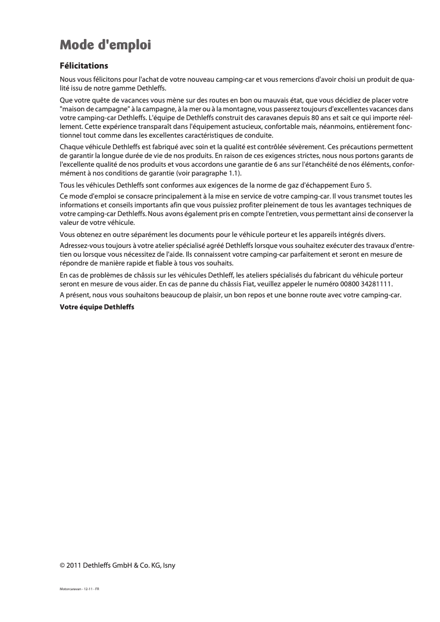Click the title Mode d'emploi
pyautogui.click(x=105, y=44)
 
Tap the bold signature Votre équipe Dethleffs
pyautogui.click(x=97, y=307)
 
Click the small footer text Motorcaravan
pyautogui.click(x=71, y=589)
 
